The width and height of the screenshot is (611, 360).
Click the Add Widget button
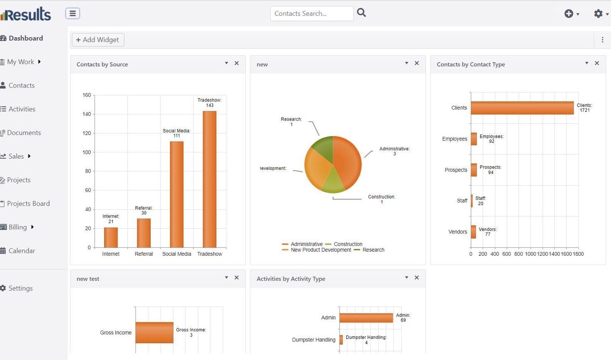point(98,40)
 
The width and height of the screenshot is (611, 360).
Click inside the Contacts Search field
point(311,14)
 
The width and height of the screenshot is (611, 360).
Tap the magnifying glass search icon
point(362,13)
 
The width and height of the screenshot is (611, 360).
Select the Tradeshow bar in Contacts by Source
point(210,179)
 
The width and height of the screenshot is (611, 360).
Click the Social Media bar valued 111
point(177,194)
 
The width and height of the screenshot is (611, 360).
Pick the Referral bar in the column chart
point(144,233)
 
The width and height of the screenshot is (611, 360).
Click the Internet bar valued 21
point(111,238)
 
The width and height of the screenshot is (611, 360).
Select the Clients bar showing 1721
point(522,108)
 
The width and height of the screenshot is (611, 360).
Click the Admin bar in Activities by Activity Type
point(366,318)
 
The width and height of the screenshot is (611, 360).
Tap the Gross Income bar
point(154,333)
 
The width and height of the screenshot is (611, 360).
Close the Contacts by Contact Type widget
point(597,64)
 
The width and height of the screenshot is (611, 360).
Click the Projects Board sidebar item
point(28,203)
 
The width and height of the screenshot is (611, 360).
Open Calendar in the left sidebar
point(22,251)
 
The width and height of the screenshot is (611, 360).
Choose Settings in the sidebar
point(20,288)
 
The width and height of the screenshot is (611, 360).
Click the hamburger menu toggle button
point(73,13)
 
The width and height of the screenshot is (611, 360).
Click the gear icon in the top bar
point(598,14)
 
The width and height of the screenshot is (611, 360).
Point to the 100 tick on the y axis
point(86,152)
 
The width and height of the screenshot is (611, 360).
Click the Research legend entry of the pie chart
point(373,250)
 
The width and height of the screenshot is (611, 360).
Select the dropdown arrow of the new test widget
point(226,277)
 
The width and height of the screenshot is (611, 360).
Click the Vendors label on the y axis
point(457,232)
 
